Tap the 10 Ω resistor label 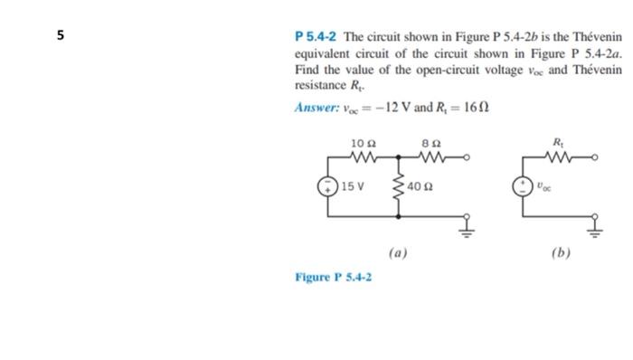(x=359, y=142)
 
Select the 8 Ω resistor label (x=430, y=142)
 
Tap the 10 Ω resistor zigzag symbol (x=360, y=156)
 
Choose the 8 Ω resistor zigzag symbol (x=430, y=156)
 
